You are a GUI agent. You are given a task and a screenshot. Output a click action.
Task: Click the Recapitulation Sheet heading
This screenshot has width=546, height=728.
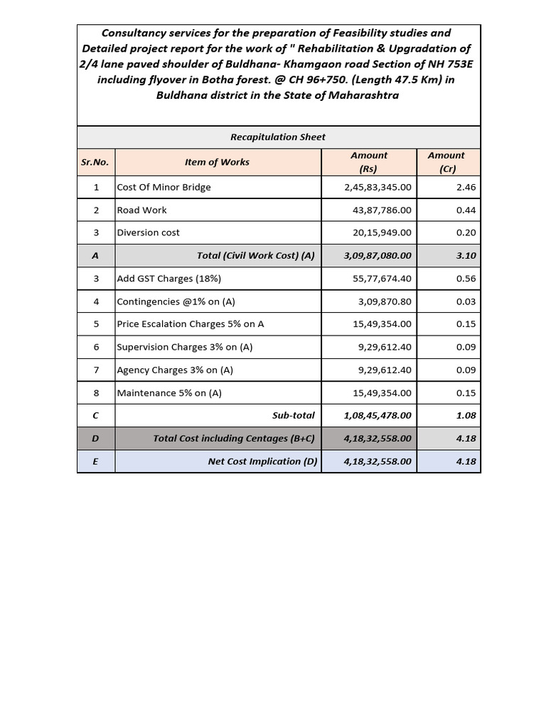pos(278,136)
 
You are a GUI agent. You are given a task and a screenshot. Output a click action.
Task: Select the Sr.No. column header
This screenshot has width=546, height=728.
pos(95,162)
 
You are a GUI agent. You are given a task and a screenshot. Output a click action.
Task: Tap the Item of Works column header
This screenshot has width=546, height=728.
pos(217,162)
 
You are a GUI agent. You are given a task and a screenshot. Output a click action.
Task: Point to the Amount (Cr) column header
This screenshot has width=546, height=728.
pos(446,162)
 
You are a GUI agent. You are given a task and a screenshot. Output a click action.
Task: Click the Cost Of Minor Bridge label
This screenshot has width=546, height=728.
pos(164,188)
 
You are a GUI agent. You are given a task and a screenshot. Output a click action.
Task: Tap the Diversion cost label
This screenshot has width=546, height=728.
pos(149,232)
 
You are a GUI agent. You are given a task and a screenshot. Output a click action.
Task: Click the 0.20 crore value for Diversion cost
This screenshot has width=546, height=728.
pos(466,232)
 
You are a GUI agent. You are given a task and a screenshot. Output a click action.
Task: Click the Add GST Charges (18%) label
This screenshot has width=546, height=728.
pos(169,279)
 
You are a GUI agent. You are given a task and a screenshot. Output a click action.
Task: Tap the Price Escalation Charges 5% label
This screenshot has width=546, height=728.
pos(191,324)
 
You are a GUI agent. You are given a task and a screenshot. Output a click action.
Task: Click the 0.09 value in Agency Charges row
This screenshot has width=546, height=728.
pos(466,370)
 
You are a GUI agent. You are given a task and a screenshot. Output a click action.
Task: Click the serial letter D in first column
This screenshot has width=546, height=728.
pos(95,439)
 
